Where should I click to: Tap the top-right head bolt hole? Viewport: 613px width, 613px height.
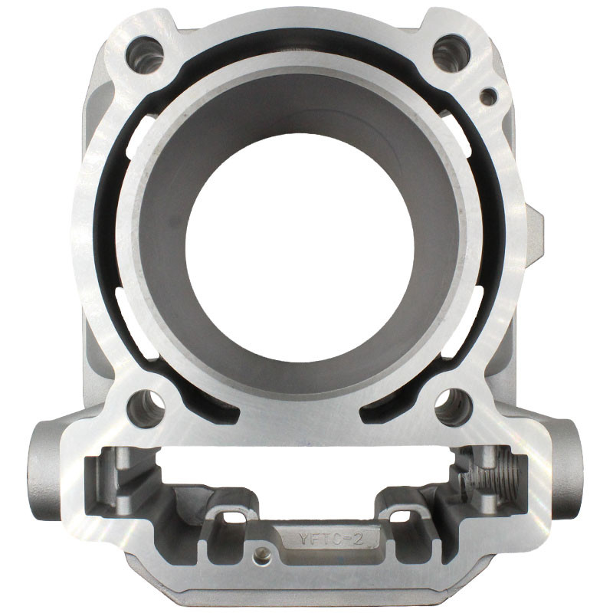(452, 54)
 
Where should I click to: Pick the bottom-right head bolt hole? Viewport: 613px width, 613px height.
(454, 408)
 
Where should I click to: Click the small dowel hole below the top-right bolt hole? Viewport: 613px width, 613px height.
(488, 97)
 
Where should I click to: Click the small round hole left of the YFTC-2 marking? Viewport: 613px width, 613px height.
(261, 555)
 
